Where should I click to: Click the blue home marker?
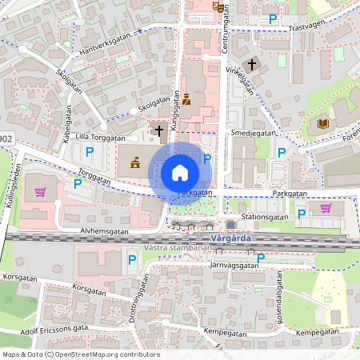click(180, 173)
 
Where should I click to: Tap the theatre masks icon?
click(218, 6)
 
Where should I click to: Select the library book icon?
click(323, 123)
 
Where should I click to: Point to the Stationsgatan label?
click(266, 216)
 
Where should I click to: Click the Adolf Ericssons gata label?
click(55, 329)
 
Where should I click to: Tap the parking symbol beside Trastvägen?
click(273, 18)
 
